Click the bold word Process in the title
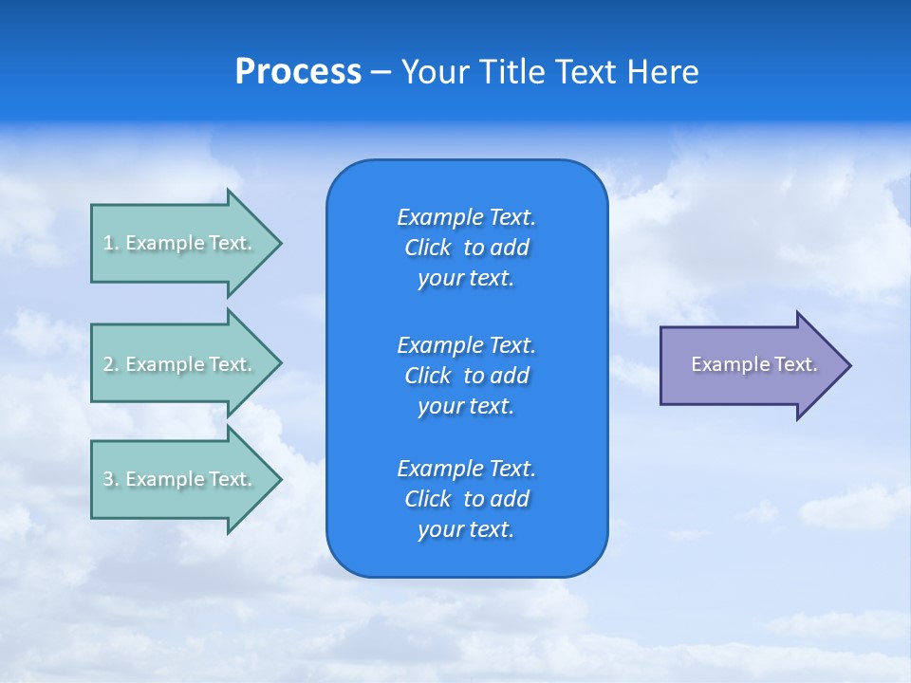(298, 72)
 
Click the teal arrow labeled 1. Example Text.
(180, 243)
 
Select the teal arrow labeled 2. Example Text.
(180, 364)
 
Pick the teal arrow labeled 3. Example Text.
(180, 479)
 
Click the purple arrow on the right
(750, 365)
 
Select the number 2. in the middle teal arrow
(111, 364)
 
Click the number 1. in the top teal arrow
(111, 243)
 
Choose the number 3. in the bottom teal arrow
(111, 479)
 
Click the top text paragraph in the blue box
(466, 248)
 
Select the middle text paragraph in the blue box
(466, 376)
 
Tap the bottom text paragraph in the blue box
(466, 499)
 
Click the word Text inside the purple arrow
(796, 364)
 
